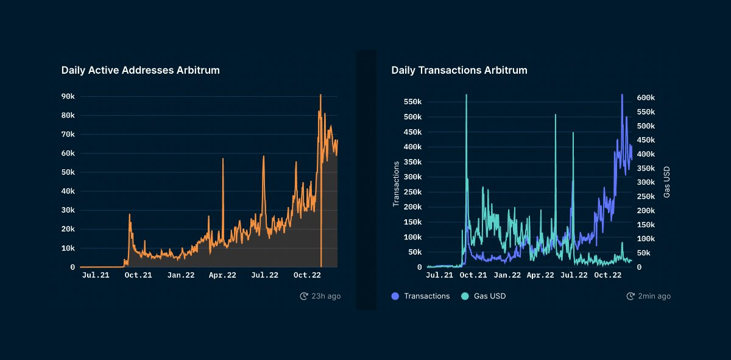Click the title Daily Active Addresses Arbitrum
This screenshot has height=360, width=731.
pyautogui.click(x=140, y=70)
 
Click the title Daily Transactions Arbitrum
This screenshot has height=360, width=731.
pyautogui.click(x=459, y=70)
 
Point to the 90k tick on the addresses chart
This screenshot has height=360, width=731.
pyautogui.click(x=68, y=96)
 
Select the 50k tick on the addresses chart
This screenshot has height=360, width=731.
pyautogui.click(x=68, y=172)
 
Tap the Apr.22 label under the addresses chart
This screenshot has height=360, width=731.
pyautogui.click(x=222, y=275)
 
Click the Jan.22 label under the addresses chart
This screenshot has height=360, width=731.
pyautogui.click(x=181, y=275)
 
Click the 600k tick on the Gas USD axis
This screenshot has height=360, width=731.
pyautogui.click(x=646, y=97)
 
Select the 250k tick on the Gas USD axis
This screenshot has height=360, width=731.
pyautogui.click(x=646, y=196)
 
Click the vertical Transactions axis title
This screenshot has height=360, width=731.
pyautogui.click(x=396, y=184)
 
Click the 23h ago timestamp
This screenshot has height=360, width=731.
pyautogui.click(x=320, y=296)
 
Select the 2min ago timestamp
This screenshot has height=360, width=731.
pyautogui.click(x=649, y=296)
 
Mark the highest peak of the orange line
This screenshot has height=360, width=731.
pyautogui.click(x=320, y=95)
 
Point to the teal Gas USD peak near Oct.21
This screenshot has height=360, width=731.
pyautogui.click(x=466, y=95)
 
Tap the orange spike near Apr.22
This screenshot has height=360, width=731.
pyautogui.click(x=223, y=159)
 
